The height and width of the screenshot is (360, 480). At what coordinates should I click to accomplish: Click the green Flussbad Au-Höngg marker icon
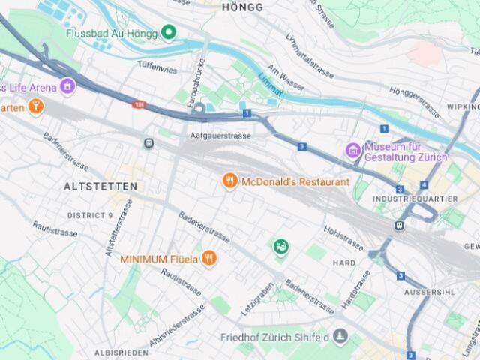click(x=169, y=32)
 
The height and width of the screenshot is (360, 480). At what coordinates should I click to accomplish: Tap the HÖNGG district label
click(x=243, y=7)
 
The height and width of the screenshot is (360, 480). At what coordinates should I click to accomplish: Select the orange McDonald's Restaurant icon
click(x=230, y=181)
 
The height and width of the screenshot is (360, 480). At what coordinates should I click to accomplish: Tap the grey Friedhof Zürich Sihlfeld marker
click(x=340, y=336)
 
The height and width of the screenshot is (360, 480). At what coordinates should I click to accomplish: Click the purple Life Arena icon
click(x=68, y=87)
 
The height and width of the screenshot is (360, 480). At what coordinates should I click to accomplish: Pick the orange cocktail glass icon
click(x=34, y=107)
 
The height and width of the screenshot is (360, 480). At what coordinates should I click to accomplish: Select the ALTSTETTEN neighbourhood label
click(x=100, y=186)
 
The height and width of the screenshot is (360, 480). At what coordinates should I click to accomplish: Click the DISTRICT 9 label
click(x=90, y=215)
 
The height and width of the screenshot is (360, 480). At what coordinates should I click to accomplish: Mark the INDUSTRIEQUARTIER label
click(x=414, y=199)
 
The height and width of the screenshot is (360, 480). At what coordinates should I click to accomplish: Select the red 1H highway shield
click(x=138, y=104)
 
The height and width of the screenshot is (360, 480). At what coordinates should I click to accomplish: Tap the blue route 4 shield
click(x=424, y=184)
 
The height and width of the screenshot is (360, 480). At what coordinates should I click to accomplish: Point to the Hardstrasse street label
click(x=355, y=289)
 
